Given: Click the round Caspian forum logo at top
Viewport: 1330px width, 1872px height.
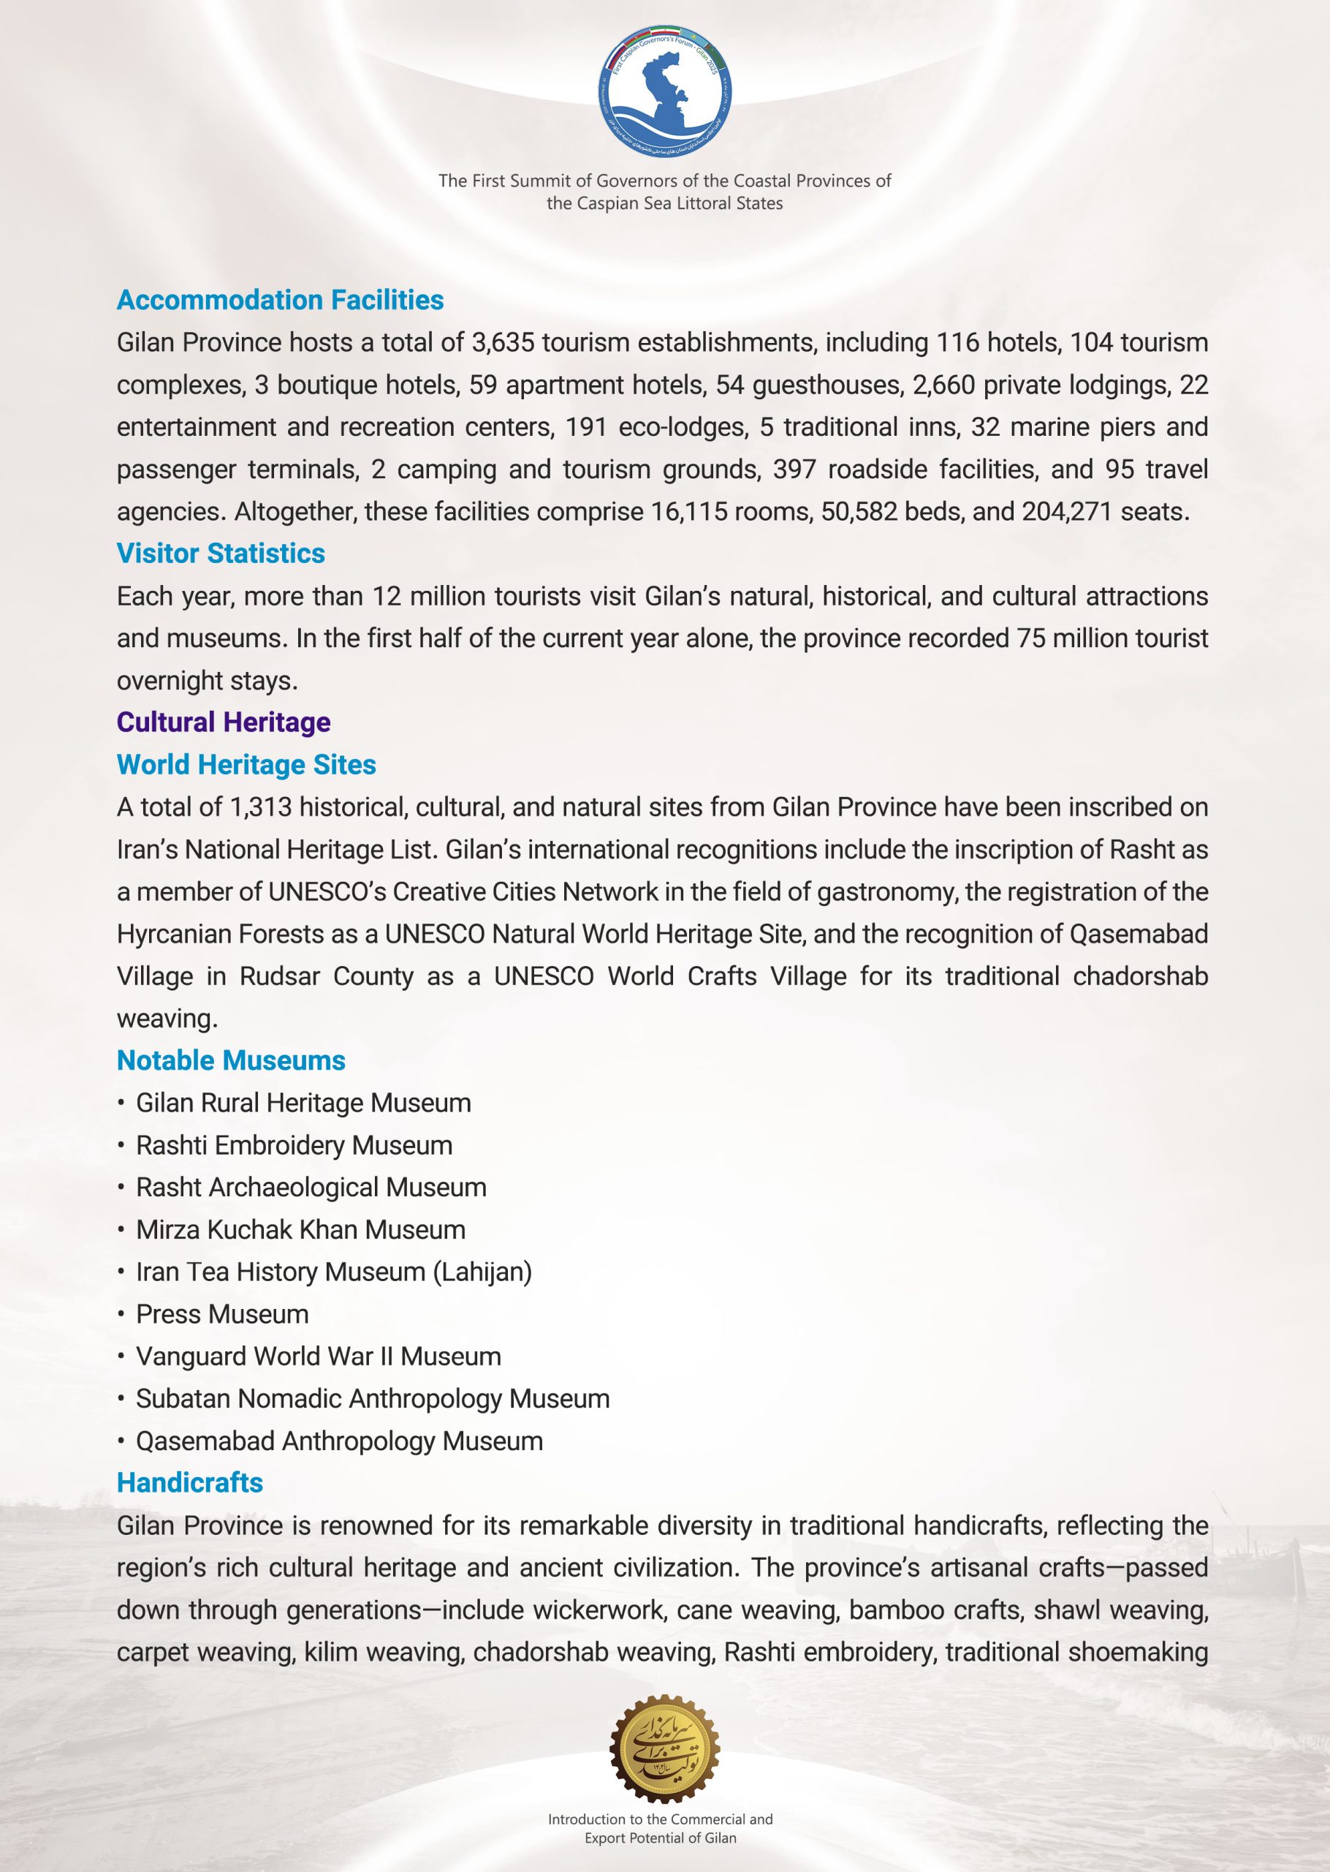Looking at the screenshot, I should click(664, 91).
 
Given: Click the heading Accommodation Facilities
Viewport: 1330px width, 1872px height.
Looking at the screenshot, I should click(280, 300).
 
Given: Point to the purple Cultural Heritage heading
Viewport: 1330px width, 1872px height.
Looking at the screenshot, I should click(224, 722).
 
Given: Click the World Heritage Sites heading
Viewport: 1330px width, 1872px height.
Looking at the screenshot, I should click(246, 764).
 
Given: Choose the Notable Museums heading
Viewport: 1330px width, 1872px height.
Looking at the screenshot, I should click(231, 1060).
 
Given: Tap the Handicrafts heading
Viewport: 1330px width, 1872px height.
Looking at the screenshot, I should click(190, 1483).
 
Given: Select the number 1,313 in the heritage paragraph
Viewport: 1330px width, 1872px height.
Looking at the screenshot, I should click(260, 807).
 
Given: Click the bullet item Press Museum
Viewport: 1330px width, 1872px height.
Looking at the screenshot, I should click(222, 1314).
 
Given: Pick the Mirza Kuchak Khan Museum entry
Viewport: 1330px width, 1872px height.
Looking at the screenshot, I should click(300, 1230).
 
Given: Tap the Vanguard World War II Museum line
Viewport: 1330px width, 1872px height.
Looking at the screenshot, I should click(318, 1356).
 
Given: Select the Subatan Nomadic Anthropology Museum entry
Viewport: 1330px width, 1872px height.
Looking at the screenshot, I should click(373, 1398).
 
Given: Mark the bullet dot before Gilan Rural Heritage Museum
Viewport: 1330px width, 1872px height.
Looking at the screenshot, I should click(121, 1103).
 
